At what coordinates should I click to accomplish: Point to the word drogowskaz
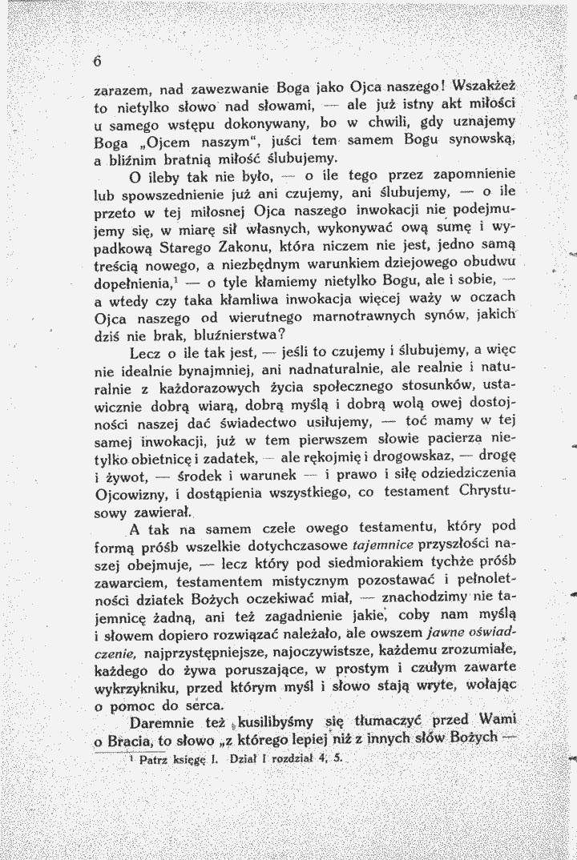[x=423, y=458]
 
